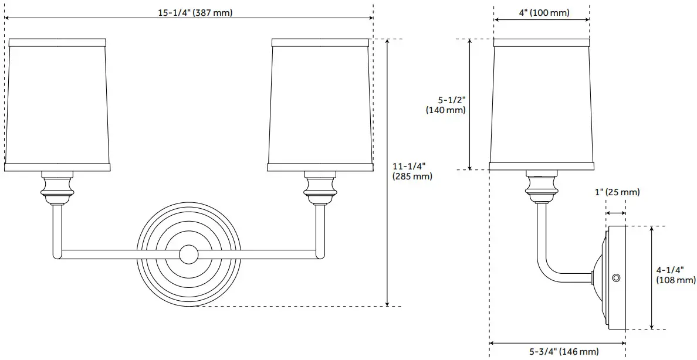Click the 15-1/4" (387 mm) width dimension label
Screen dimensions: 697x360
point(195,12)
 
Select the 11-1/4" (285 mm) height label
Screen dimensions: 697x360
point(412,171)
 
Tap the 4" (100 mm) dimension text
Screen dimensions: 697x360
point(544,12)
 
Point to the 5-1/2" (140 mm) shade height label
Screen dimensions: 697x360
point(446,105)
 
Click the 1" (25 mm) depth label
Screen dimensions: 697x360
point(617,192)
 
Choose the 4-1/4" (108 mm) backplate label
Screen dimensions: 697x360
point(676,274)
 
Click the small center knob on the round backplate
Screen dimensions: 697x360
point(189,254)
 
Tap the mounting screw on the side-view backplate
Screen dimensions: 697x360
point(616,278)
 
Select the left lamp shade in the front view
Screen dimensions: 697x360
point(57,105)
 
